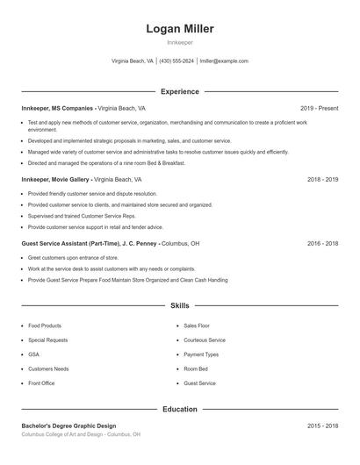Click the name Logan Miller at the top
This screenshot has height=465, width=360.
180,29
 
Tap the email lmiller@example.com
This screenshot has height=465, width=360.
224,61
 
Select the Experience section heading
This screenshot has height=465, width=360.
179,91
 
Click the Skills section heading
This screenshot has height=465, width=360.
179,305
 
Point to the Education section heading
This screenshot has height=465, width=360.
179,409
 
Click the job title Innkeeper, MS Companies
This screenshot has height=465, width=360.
58,108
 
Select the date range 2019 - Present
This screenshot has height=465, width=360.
319,108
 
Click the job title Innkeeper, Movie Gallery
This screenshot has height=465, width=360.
56,179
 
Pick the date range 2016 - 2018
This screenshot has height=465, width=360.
322,243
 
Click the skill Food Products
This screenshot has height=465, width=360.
45,325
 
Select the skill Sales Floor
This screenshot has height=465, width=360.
197,325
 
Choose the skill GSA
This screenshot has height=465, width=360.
33,354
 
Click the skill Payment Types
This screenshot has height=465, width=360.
201,354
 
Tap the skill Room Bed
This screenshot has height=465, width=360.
196,368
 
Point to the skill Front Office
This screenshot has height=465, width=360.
41,383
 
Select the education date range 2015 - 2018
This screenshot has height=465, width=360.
322,426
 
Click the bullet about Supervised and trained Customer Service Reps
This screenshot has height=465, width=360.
82,216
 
